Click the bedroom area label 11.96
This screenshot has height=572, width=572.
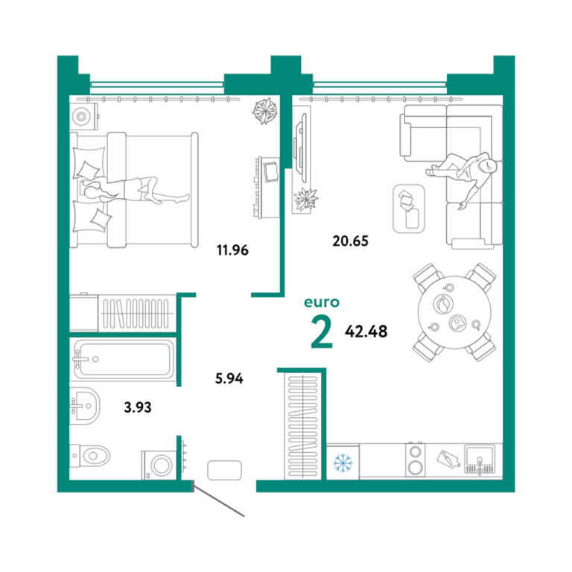232,250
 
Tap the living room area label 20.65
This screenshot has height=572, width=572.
350,241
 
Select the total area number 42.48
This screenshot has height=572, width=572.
366,331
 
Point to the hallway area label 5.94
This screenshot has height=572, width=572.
229,378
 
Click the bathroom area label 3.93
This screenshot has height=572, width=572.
138,407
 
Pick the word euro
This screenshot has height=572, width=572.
322,302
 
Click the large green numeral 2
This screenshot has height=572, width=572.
322,331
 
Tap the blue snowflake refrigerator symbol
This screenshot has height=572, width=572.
343,463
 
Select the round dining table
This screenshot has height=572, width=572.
454,312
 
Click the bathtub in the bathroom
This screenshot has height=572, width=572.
124,359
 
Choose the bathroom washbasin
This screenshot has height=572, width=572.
84,406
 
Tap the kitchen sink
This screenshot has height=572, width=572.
480,459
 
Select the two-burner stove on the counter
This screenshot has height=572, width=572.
415,460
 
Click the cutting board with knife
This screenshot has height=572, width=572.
448,459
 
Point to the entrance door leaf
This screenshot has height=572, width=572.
218,500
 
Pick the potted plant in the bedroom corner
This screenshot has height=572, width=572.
264,110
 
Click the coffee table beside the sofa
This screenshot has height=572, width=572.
409,209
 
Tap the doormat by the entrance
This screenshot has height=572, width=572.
224,470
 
